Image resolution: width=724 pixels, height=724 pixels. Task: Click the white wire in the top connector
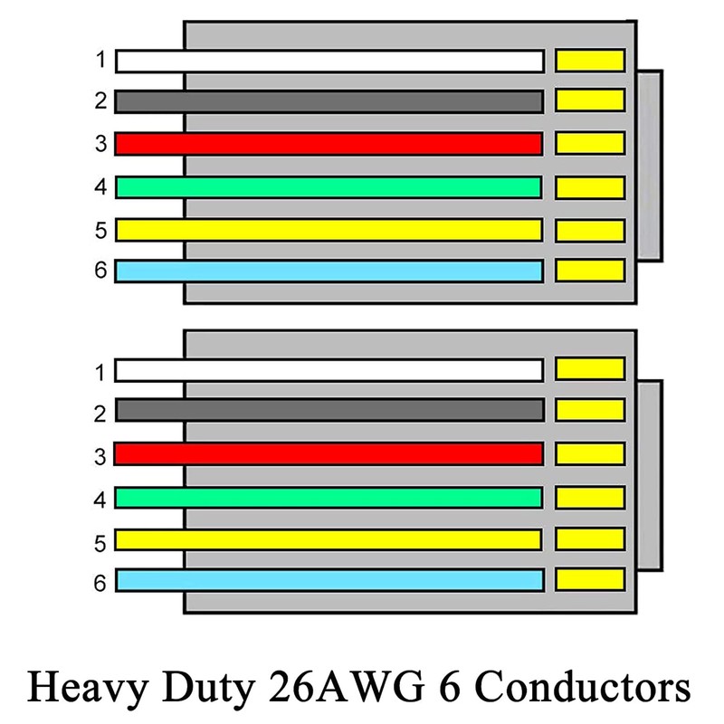tap(329, 61)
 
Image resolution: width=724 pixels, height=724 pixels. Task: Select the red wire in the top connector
tap(329, 143)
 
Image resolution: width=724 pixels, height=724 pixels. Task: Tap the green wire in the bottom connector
tap(329, 497)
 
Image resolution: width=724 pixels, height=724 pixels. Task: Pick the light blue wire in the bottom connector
tap(329, 579)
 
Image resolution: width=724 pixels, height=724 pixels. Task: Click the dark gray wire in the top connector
tap(329, 100)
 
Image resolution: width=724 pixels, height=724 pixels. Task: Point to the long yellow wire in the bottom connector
tap(329, 539)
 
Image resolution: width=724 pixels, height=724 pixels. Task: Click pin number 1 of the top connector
tap(100, 62)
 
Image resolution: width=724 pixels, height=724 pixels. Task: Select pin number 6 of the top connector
tap(100, 271)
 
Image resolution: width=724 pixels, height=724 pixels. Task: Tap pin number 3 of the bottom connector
tap(100, 457)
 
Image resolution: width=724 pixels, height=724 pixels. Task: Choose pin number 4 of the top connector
tap(100, 187)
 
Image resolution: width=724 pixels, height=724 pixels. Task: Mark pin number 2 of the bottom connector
tap(100, 414)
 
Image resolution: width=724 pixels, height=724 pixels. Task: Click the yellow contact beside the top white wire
tap(589, 61)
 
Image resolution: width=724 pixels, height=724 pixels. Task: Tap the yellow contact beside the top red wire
tap(589, 143)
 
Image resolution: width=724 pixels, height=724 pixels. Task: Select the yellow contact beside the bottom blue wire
tap(589, 579)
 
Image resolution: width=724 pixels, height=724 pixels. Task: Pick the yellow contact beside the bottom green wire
tap(589, 497)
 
